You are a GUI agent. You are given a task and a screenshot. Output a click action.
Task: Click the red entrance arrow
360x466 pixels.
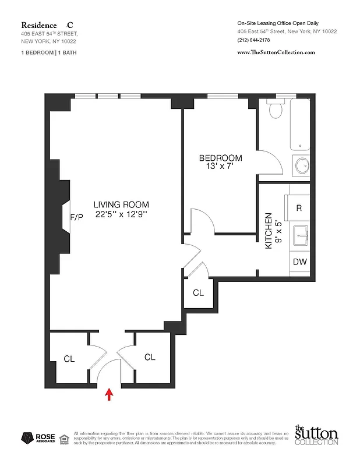point(108,396)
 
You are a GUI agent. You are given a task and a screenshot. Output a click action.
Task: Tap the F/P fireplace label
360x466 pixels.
point(77,217)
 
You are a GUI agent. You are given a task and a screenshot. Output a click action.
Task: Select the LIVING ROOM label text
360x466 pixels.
point(121,204)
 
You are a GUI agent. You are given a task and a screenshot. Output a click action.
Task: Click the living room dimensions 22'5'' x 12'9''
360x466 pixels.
point(121,214)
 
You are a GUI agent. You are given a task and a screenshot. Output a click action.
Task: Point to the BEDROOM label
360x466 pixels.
point(220,158)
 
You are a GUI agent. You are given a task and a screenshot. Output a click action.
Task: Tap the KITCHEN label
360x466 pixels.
point(269,231)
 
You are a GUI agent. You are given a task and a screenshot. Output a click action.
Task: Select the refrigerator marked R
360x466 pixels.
point(299,208)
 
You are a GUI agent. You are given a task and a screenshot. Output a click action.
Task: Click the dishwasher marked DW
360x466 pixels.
point(299,262)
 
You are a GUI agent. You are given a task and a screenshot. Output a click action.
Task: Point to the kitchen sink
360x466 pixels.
point(302,235)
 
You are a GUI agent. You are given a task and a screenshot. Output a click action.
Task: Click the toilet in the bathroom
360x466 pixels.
point(276,108)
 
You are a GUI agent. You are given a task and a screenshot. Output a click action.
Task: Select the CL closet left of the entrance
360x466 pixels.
point(69,359)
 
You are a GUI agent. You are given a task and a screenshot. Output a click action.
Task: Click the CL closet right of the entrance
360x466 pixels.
point(150,357)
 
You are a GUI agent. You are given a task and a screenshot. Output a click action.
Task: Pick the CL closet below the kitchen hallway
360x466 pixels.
point(198,292)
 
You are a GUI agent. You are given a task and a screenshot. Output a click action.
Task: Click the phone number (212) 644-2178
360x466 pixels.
point(254,40)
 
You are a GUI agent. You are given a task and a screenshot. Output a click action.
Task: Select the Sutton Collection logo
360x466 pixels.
point(316,436)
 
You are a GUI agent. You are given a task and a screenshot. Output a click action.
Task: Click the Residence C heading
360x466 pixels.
point(47,25)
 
